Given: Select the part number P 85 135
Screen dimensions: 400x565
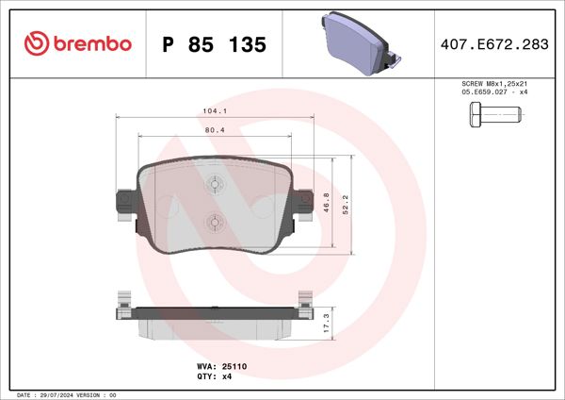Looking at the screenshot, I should click(x=214, y=45).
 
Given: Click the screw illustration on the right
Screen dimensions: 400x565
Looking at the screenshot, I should click(x=492, y=118).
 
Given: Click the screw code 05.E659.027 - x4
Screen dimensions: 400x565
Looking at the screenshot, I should click(x=492, y=93).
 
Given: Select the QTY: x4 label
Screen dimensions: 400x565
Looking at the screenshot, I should click(x=214, y=375).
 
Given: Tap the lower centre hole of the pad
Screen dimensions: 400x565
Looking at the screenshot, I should click(x=214, y=223).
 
